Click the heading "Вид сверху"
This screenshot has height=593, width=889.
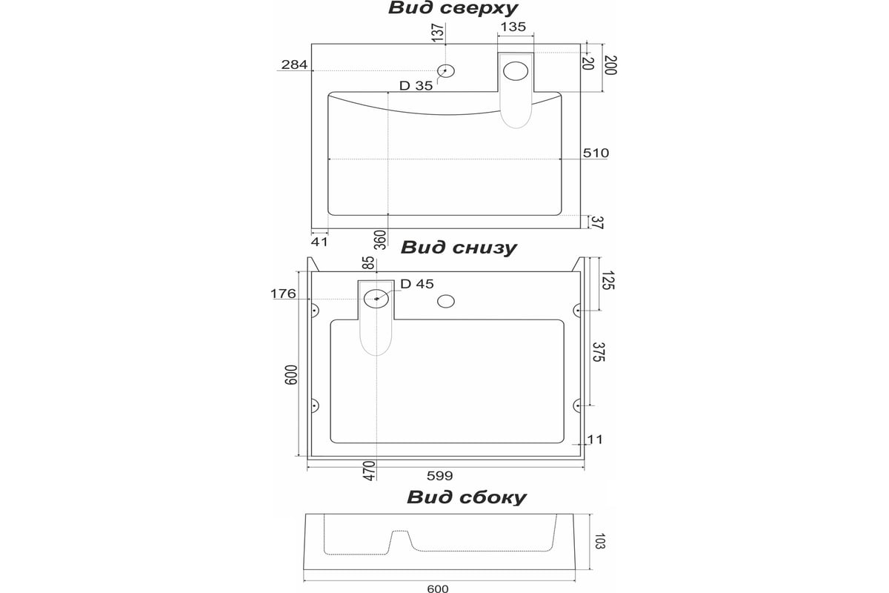[453, 9]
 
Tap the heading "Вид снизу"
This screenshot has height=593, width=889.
[459, 248]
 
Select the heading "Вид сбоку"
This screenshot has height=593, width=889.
[466, 497]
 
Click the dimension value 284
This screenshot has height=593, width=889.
[294, 64]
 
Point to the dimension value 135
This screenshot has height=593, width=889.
[513, 27]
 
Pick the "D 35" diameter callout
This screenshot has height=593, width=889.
[416, 86]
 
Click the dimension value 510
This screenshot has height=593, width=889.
[596, 153]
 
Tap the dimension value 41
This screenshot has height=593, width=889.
[319, 242]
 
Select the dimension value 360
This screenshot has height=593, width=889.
[381, 239]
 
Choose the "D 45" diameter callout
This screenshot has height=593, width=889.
[417, 284]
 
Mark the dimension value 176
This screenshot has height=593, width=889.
[283, 294]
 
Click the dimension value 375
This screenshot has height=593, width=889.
[599, 352]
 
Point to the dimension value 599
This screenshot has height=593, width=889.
[440, 476]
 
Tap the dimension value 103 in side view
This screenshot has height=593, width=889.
[599, 541]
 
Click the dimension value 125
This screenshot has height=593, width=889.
[608, 280]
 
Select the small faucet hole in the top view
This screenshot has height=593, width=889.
[446, 70]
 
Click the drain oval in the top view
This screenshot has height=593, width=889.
[516, 71]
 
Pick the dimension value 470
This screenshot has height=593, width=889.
[370, 471]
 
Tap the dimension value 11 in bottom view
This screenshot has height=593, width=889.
[595, 440]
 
